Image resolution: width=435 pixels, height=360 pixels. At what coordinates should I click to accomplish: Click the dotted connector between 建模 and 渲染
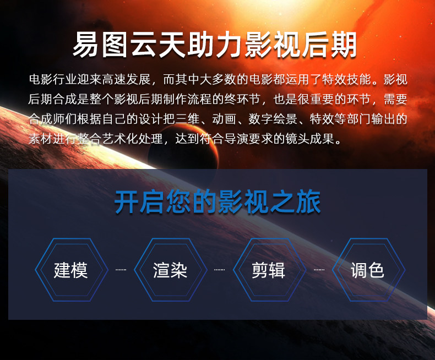121,270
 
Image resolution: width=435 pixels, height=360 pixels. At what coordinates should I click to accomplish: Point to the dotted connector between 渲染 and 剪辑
220,270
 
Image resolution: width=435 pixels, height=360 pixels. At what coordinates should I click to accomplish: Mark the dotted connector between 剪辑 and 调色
319,270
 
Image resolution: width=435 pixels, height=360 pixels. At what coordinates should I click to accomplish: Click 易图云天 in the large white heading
129,45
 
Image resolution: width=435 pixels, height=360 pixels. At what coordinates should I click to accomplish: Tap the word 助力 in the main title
214,45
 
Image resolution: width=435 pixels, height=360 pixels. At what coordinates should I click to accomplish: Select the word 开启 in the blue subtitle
139,202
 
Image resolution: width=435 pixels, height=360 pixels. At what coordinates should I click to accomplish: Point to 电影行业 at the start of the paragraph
53,79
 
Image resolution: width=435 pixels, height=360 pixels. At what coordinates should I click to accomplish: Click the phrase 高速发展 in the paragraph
126,79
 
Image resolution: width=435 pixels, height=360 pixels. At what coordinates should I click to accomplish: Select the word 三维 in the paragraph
188,119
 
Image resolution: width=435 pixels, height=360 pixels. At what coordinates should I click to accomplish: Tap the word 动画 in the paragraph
224,119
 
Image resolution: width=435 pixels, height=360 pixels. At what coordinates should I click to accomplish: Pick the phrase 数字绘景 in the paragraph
273,119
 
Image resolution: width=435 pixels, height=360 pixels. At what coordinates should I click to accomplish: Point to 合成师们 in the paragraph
53,119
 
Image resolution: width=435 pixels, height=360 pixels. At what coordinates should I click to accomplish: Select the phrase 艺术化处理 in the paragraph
132,139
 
